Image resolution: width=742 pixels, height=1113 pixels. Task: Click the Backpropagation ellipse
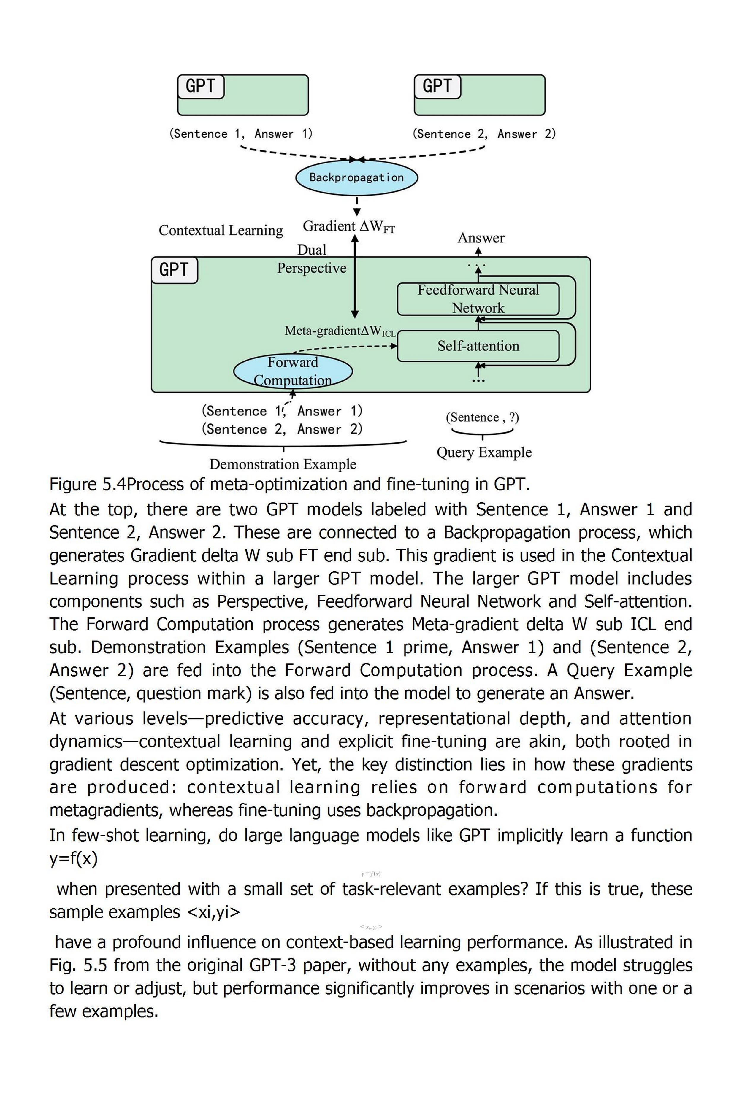[356, 177]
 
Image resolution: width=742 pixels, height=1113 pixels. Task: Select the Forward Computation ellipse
[293, 371]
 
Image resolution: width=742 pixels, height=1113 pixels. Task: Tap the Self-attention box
[478, 346]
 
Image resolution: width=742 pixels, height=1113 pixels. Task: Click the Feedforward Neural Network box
[478, 299]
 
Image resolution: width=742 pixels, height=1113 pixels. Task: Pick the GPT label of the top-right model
[437, 87]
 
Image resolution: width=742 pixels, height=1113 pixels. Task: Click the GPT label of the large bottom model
[174, 270]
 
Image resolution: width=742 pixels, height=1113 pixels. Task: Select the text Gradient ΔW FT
[349, 227]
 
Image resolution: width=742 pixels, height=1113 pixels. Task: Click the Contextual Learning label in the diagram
[221, 230]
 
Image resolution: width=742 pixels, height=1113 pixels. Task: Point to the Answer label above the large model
[481, 238]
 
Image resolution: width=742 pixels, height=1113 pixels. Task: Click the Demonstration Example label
[283, 464]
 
